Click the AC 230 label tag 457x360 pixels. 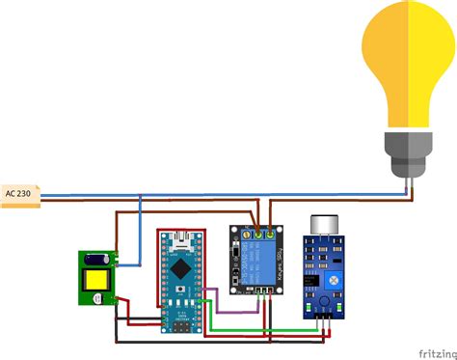coord(19,193)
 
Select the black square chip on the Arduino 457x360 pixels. coord(181,273)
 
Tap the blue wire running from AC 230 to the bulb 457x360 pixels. coord(241,196)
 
